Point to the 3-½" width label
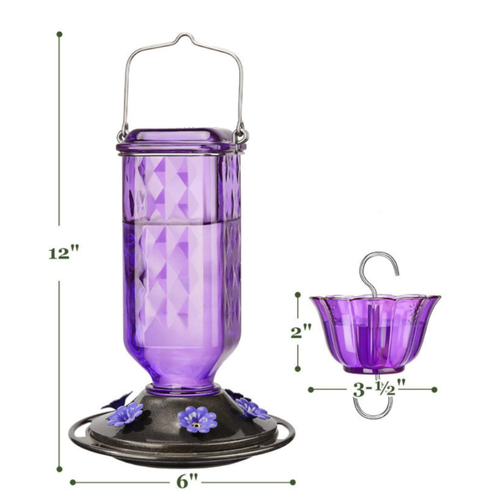(x=373, y=389)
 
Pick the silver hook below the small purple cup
(x=371, y=407)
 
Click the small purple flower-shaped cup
(x=374, y=330)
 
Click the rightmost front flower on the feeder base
(x=252, y=408)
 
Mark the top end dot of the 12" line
(x=59, y=34)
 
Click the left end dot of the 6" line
(x=72, y=481)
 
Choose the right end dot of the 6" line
(x=293, y=481)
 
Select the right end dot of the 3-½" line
(x=435, y=389)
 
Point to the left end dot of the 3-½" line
(x=310, y=389)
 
